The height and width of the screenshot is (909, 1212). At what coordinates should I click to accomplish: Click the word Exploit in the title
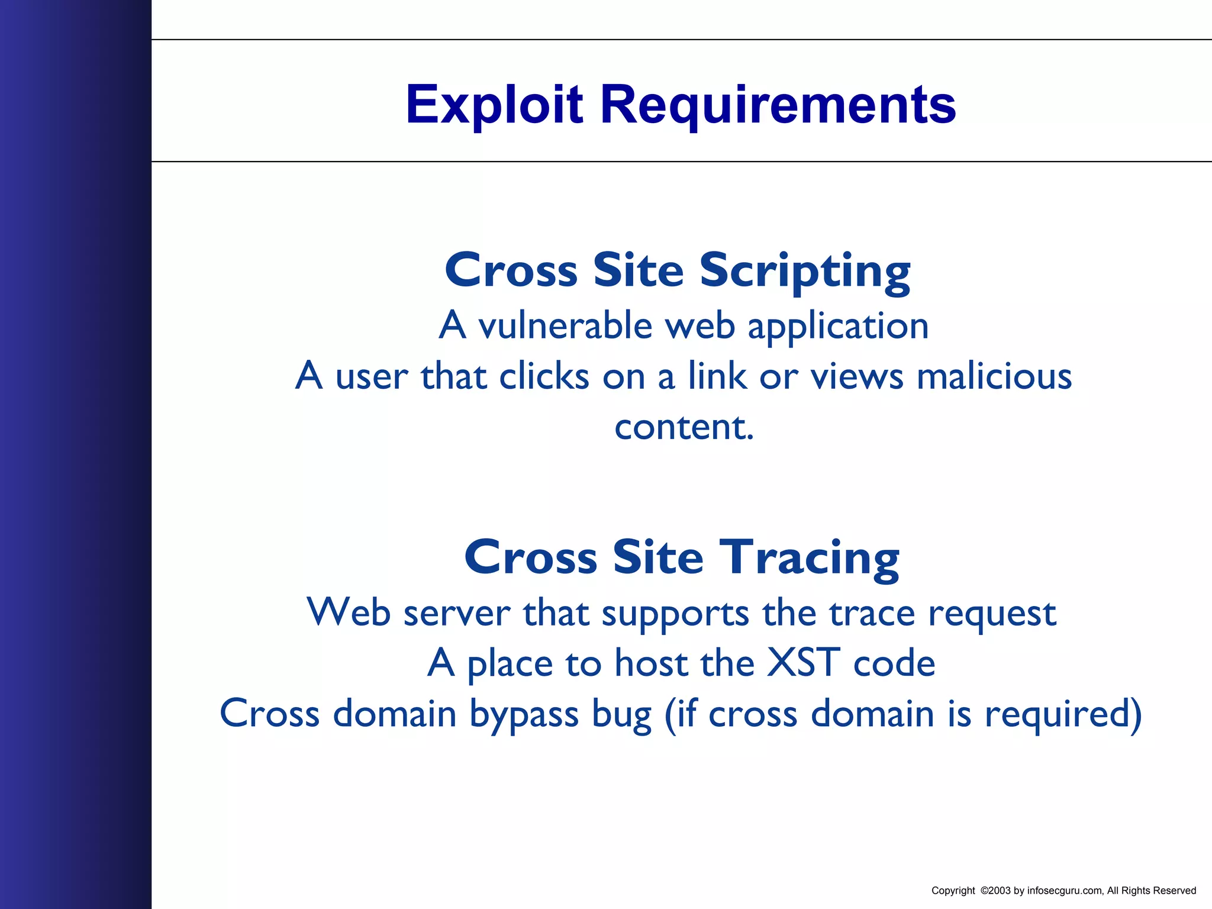pyautogui.click(x=495, y=105)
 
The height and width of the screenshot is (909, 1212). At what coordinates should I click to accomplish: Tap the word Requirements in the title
pyautogui.click(x=778, y=105)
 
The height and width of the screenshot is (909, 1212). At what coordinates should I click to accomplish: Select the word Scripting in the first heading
pyautogui.click(x=805, y=270)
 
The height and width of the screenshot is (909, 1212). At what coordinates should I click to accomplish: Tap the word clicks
pyautogui.click(x=544, y=376)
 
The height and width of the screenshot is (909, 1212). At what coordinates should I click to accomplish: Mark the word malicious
pyautogui.click(x=994, y=376)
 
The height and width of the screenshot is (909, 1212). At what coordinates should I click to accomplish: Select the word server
pyautogui.click(x=456, y=613)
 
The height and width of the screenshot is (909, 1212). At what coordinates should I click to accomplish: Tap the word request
pyautogui.click(x=992, y=613)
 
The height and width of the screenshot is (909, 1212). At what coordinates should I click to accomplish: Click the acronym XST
pyautogui.click(x=804, y=663)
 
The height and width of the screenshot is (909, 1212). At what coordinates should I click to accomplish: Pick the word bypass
pyautogui.click(x=524, y=714)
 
